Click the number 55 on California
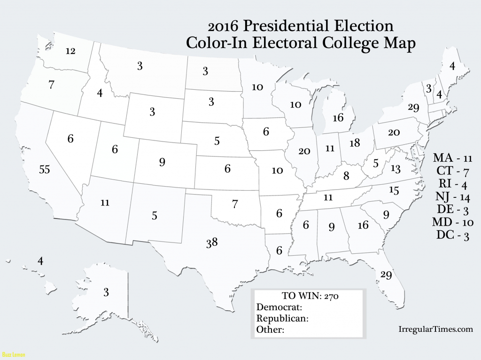point(45,170)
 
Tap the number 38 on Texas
point(211,243)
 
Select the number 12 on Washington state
point(70,51)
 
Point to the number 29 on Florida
point(386,275)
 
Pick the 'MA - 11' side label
point(451,157)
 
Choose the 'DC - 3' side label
point(451,236)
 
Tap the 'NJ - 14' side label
point(451,197)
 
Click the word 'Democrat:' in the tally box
point(279,307)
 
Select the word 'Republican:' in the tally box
point(282,318)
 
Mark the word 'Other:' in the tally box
point(271,329)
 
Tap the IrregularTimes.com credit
point(435,329)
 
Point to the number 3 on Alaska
point(106,293)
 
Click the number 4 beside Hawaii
point(40,261)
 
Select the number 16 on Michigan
point(338,117)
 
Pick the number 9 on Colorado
point(162,163)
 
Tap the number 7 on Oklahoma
point(235,204)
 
